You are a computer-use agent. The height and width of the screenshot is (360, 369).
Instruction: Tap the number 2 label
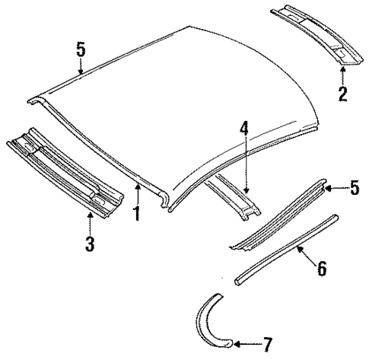point(342,94)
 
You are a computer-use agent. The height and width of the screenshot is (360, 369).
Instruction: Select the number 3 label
point(89,244)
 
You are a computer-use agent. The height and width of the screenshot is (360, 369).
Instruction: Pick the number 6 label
point(321,268)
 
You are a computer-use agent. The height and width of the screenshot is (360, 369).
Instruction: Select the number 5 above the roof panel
point(81,50)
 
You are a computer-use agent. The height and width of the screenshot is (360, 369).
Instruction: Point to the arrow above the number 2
point(342,75)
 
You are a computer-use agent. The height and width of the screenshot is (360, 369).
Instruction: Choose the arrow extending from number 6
point(304,254)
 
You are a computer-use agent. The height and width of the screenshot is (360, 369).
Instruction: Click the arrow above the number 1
point(137,194)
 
